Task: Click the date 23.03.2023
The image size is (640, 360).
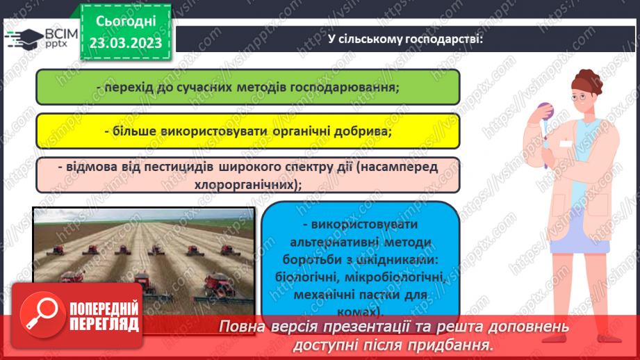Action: point(125,43)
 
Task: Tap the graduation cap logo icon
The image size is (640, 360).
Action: point(23,38)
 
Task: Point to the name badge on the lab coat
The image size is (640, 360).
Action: point(566,144)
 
